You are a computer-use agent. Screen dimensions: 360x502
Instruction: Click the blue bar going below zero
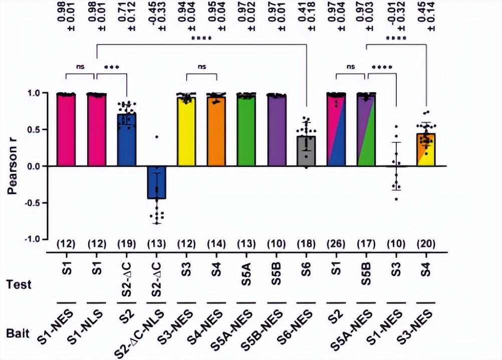156,183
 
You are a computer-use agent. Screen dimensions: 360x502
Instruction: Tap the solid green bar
246,130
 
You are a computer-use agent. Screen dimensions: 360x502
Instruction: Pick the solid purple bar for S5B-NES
276,130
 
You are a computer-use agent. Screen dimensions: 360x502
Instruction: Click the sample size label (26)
336,245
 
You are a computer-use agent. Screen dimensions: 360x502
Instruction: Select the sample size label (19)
126,245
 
